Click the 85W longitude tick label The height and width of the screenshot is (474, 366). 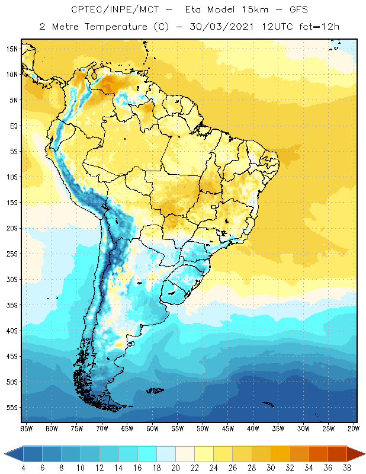27,428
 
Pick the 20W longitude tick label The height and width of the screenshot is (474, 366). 354,428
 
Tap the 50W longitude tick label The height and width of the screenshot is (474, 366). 203,428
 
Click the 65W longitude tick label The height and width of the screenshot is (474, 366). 127,428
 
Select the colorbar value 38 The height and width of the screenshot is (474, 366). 346,468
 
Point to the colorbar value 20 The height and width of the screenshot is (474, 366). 175,468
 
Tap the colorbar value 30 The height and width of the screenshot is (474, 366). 270,468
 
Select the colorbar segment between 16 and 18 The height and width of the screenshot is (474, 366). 147,453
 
